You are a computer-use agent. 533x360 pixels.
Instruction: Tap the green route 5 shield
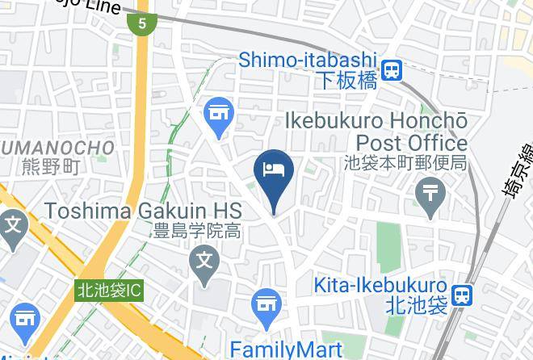(x=142, y=23)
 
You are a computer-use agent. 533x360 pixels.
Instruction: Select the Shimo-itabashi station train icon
(x=393, y=70)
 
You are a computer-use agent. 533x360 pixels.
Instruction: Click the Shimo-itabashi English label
(x=308, y=60)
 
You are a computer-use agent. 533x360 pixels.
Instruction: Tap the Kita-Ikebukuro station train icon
(x=463, y=295)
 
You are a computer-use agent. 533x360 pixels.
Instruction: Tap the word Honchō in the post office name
(x=429, y=121)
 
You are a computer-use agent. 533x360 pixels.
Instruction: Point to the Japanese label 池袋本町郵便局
(x=405, y=163)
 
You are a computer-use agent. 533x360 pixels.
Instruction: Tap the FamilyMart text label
(x=287, y=349)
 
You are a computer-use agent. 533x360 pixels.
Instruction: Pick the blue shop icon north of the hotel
(x=218, y=112)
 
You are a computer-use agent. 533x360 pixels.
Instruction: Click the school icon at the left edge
(x=12, y=224)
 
